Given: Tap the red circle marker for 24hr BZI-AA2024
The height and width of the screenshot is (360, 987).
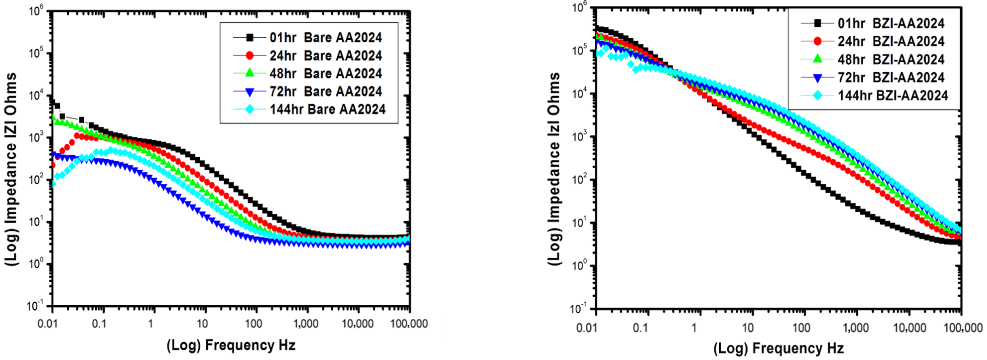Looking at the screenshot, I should click(817, 41).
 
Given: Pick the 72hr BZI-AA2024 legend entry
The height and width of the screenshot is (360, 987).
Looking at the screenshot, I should click(891, 77).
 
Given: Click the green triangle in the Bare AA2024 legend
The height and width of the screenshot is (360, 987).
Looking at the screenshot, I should click(250, 73).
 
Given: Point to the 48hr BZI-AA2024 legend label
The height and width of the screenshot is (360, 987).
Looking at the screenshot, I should click(891, 59).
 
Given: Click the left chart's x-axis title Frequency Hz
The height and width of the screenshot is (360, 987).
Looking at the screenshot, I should click(231, 345).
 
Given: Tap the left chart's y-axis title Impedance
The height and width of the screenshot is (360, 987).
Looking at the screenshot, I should click(11, 169).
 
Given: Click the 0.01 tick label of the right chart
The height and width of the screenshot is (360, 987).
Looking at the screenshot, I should click(587, 328).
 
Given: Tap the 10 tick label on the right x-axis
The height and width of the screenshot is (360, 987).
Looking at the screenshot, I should click(747, 328).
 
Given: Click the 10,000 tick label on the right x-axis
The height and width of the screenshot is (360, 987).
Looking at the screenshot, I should click(909, 328).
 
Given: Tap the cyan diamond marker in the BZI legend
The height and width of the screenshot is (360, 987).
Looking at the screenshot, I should click(817, 95).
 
